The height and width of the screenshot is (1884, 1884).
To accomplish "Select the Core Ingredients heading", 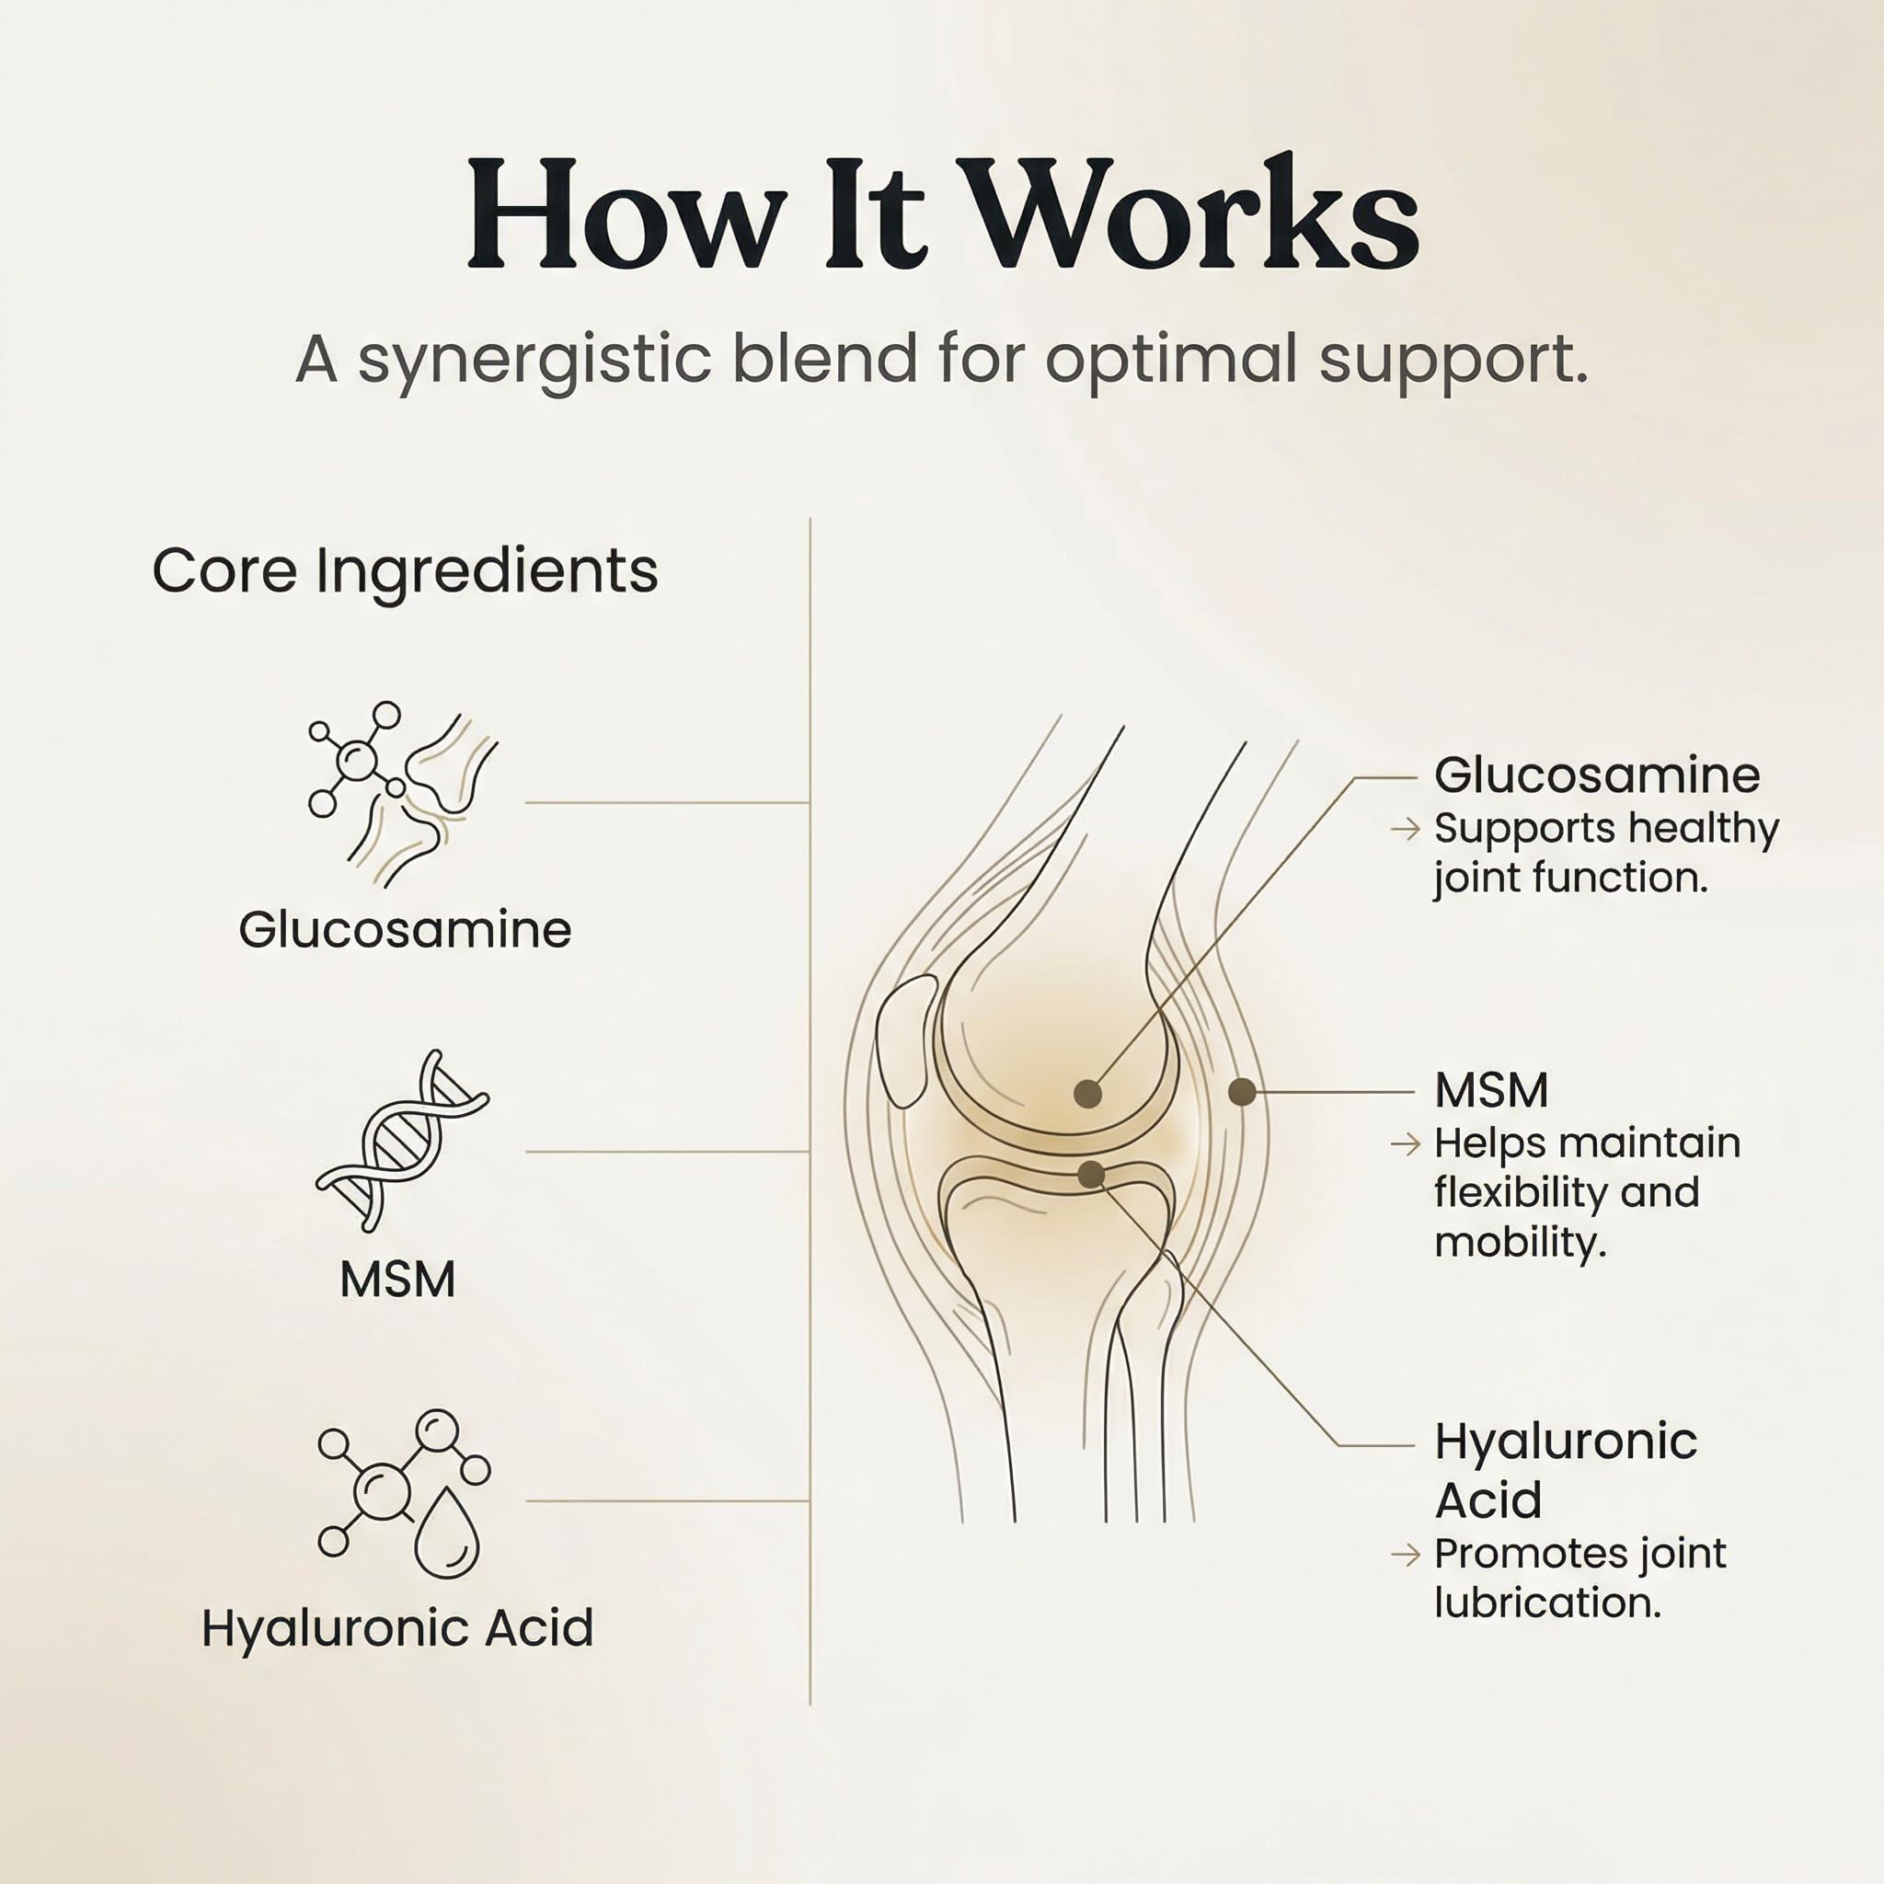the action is [406, 570].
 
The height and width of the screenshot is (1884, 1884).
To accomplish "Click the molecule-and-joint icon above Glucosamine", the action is [402, 795].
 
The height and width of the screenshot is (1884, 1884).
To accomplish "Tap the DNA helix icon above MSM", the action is [402, 1140].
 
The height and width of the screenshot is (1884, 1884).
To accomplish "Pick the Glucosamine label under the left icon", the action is [405, 929].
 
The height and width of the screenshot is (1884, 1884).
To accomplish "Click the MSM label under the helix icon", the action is [397, 1280].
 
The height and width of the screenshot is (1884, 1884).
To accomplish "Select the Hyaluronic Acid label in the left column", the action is [397, 1627].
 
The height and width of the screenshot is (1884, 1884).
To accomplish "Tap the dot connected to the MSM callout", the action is [1241, 1092].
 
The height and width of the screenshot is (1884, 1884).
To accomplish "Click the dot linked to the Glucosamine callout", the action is [1087, 1094].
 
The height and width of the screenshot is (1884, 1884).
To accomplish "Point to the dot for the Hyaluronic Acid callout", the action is [1091, 1175].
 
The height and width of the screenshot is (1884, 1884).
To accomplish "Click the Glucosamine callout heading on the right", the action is [1597, 776].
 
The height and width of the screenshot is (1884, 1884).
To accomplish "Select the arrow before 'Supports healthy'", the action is [1406, 829].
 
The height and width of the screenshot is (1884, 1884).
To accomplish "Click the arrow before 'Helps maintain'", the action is [1406, 1143].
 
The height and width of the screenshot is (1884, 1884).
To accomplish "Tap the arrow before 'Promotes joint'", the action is [1406, 1555].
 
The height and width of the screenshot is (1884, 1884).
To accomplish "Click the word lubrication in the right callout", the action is [1547, 1603].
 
